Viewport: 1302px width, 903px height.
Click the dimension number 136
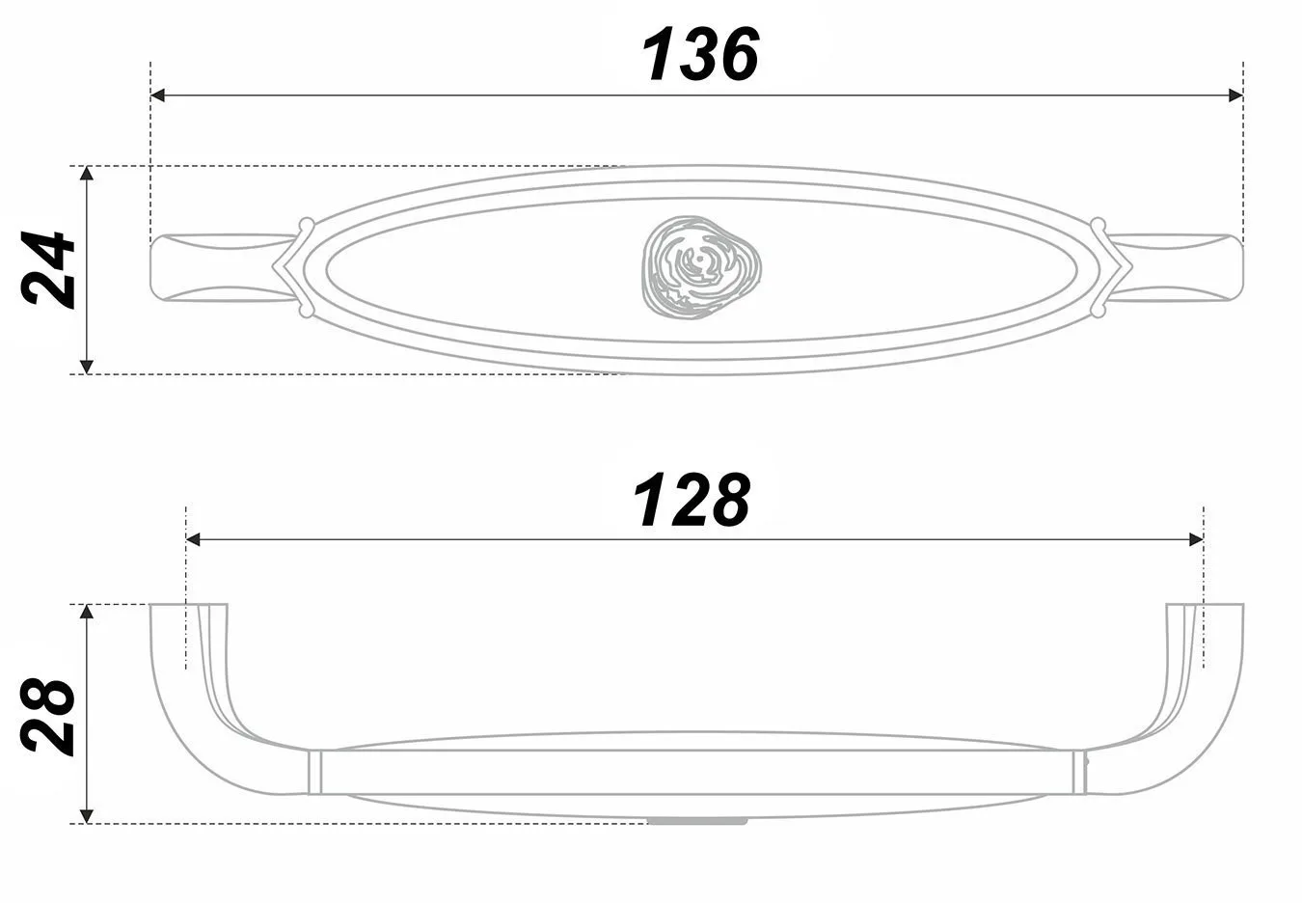click(700, 54)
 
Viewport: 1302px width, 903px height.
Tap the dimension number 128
click(692, 500)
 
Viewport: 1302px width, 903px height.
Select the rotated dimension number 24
click(47, 268)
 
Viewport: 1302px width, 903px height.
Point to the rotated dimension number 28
click(47, 717)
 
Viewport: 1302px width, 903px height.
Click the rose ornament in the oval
click(701, 267)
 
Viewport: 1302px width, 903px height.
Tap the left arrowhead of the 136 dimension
click(157, 96)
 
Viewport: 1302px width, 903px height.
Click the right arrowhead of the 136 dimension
click(1236, 96)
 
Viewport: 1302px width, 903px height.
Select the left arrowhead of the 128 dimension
click(193, 539)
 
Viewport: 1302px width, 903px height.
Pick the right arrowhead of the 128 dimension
click(1196, 539)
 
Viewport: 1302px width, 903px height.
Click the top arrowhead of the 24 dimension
click(86, 174)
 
